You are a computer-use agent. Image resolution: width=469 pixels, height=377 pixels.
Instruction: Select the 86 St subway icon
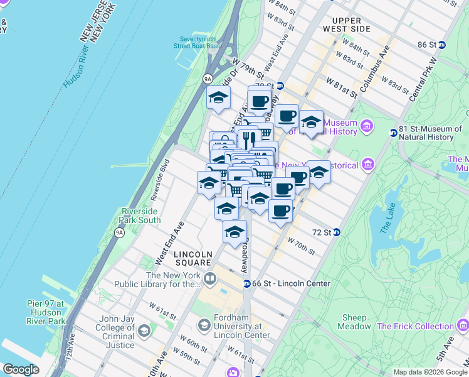pos(441,45)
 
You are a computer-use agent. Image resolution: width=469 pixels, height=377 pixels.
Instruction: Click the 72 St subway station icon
pos(337,232)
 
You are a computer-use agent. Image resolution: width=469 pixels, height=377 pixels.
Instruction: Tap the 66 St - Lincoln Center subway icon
pos(247,284)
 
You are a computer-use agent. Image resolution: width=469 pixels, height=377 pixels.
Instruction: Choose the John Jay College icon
pos(145,331)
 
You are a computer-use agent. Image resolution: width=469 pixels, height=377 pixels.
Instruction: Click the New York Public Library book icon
pos(209,278)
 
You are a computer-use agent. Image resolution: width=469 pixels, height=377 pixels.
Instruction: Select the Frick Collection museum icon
pos(463,325)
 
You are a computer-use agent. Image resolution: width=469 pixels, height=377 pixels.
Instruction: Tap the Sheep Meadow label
pos(354,322)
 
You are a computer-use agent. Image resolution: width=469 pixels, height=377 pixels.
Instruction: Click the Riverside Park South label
pos(140,216)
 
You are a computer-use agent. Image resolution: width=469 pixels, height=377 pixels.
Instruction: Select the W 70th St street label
pos(301,246)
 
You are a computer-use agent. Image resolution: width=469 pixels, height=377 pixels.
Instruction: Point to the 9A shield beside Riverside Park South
pos(119,233)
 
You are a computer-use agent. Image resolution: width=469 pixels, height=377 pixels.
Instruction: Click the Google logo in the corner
pos(21,369)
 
